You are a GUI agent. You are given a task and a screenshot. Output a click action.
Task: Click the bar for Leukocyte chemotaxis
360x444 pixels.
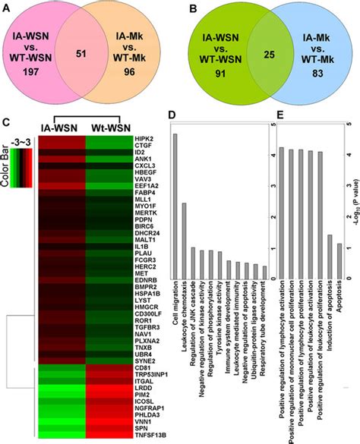tap(184, 231)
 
